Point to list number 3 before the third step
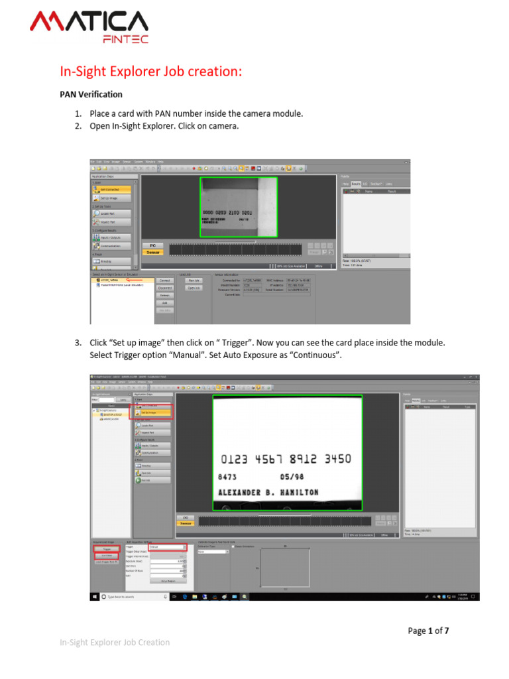pyautogui.click(x=78, y=343)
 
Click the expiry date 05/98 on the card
pyautogui.click(x=292, y=477)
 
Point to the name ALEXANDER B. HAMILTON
pyautogui.click(x=268, y=493)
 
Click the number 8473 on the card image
pyautogui.click(x=227, y=477)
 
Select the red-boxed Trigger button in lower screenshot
pyautogui.click(x=106, y=548)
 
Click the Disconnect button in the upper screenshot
pyautogui.click(x=165, y=288)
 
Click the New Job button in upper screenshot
pyautogui.click(x=194, y=280)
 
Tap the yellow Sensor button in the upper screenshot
pyautogui.click(x=153, y=252)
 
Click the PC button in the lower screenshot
pyautogui.click(x=186, y=517)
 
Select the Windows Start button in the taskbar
pyautogui.click(x=94, y=597)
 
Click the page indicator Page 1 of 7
pyautogui.click(x=427, y=631)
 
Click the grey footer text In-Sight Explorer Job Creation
pyautogui.click(x=115, y=643)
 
